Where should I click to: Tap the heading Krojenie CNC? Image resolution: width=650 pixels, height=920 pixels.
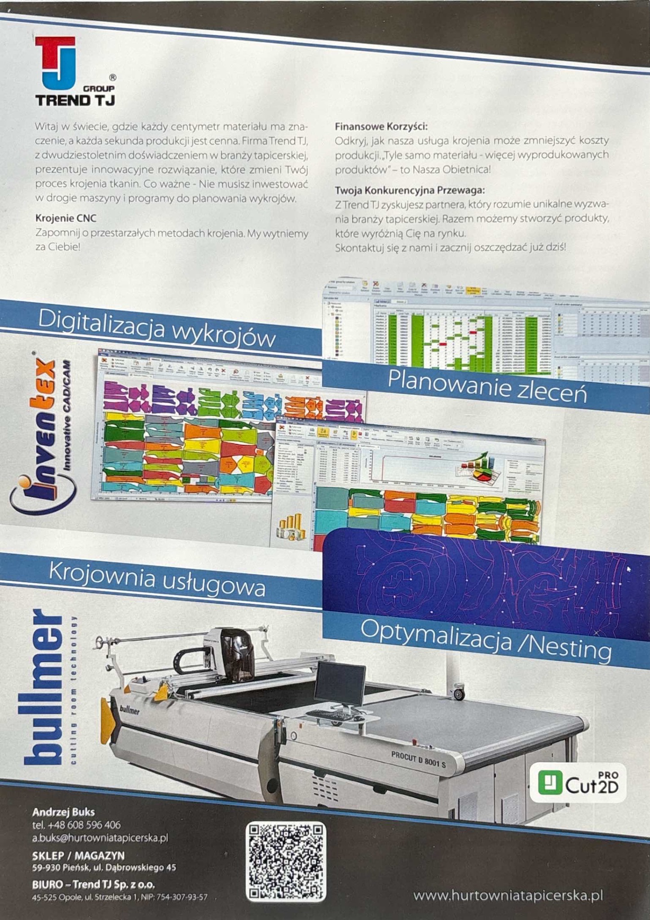click(66, 218)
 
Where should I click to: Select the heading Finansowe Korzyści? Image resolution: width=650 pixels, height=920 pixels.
click(381, 127)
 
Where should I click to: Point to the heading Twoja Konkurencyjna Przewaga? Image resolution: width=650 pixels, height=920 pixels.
click(410, 190)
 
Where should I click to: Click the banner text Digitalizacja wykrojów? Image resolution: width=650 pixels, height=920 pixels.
click(156, 329)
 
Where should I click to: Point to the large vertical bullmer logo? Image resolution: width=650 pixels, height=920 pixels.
click(44, 687)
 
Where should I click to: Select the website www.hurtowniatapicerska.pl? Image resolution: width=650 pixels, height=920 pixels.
click(508, 896)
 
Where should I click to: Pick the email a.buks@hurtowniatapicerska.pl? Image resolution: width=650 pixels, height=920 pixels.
click(100, 838)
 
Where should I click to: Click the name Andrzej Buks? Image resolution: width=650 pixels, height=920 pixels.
click(63, 812)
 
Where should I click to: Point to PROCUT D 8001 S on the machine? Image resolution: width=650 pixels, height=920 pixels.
click(418, 759)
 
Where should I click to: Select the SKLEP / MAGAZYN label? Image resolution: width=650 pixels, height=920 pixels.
click(78, 855)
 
